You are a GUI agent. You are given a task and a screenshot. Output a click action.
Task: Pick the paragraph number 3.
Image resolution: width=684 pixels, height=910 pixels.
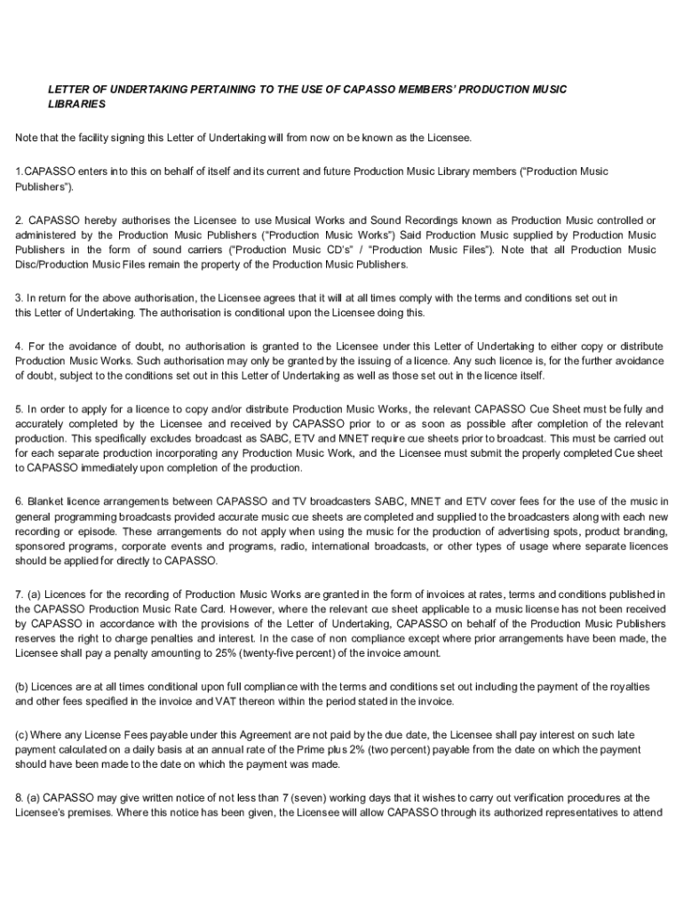click(x=19, y=298)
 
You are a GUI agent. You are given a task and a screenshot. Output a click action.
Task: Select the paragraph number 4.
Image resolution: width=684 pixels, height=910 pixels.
click(x=19, y=345)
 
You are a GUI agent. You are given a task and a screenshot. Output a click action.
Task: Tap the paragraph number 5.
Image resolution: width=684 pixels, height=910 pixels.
click(x=19, y=409)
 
